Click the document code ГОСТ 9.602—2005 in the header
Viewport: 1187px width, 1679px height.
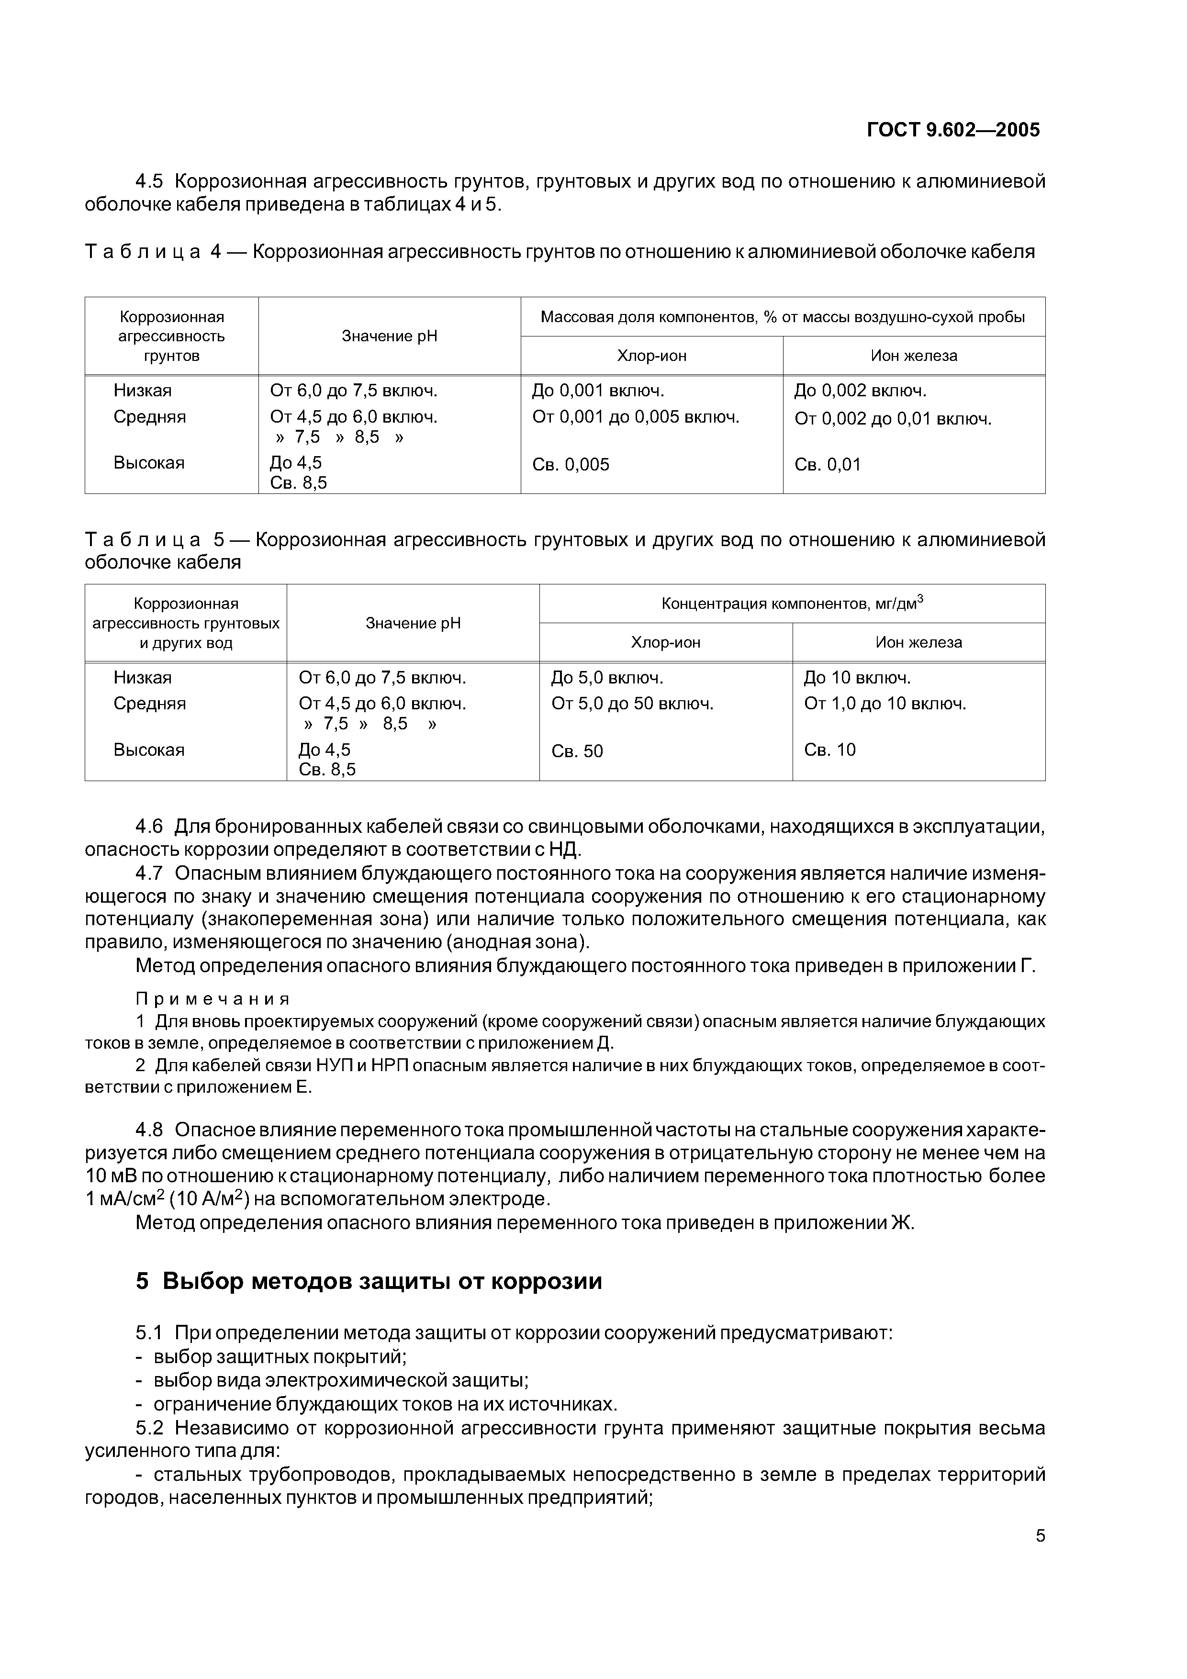pyautogui.click(x=953, y=130)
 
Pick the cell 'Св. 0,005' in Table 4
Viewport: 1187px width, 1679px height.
pyautogui.click(x=571, y=464)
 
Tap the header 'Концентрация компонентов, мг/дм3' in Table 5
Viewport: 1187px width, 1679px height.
pyautogui.click(x=792, y=603)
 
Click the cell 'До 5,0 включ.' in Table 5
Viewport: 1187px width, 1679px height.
pyautogui.click(x=607, y=678)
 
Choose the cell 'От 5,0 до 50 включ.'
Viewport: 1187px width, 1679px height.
pyautogui.click(x=632, y=704)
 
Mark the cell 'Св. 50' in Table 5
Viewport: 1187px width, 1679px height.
pyautogui.click(x=577, y=751)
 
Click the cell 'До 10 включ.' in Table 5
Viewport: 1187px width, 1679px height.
pyautogui.click(x=857, y=678)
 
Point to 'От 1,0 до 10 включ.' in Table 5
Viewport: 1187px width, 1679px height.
pyautogui.click(x=885, y=704)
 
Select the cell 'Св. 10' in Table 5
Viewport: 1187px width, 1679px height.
pyautogui.click(x=829, y=750)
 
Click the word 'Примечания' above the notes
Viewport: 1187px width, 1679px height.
pyautogui.click(x=213, y=999)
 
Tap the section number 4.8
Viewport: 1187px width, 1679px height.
pyautogui.click(x=149, y=1130)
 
